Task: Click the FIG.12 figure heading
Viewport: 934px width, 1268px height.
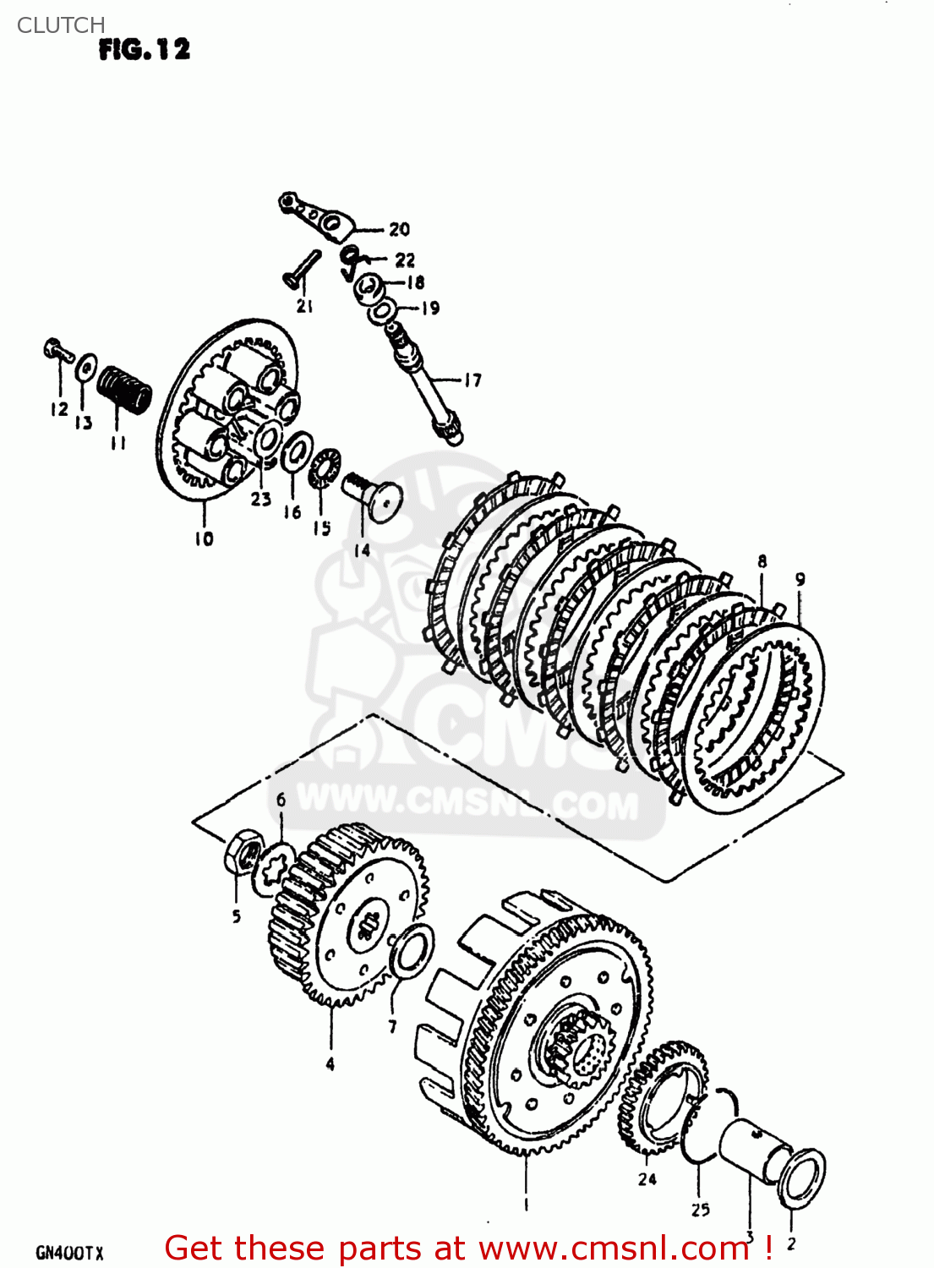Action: click(x=144, y=50)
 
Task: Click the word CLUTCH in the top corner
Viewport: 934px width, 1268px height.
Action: click(x=61, y=25)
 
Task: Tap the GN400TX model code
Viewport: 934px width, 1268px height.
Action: click(x=69, y=1253)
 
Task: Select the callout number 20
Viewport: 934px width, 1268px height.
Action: click(x=399, y=229)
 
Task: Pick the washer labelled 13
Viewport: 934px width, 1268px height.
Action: click(x=85, y=369)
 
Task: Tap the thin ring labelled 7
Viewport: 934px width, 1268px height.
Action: click(x=413, y=949)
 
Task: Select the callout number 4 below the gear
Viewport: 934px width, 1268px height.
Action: click(x=330, y=1064)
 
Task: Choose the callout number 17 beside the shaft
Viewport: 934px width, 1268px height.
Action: click(x=472, y=380)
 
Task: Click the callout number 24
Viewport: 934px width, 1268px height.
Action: click(x=647, y=1179)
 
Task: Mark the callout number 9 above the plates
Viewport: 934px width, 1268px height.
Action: click(x=800, y=579)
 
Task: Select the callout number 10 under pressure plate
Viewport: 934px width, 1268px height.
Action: click(x=205, y=538)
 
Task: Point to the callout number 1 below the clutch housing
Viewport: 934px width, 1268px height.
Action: click(x=526, y=1205)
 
